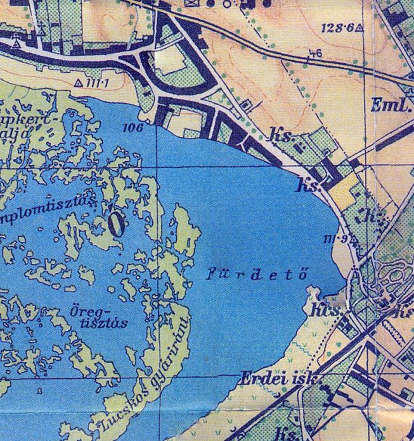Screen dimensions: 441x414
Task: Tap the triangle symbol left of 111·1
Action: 79,83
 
